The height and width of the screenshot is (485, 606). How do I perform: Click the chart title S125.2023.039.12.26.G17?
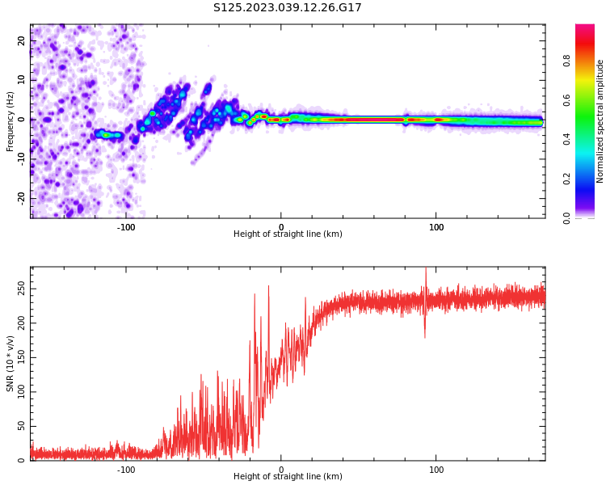(288, 8)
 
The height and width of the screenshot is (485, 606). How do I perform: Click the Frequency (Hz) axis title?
(11, 121)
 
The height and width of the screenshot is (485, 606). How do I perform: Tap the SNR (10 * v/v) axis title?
(11, 363)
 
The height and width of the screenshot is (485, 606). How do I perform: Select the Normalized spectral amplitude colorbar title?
(600, 121)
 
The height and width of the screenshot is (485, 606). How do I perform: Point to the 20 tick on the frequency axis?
(22, 41)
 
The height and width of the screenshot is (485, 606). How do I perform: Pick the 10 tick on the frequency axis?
(22, 81)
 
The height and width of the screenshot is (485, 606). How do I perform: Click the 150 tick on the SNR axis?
(19, 357)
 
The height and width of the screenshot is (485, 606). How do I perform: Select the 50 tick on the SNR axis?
(21, 426)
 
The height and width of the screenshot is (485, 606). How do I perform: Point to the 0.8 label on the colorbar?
(566, 61)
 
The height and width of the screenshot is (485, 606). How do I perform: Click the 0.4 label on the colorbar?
(566, 139)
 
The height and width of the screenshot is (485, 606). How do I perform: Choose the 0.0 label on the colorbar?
(566, 217)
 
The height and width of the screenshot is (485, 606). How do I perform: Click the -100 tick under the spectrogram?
(126, 227)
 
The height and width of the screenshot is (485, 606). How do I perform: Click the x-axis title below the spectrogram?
(288, 234)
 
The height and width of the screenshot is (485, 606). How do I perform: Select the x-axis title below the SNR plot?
(288, 477)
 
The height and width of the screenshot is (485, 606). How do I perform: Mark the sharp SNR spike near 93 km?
(426, 279)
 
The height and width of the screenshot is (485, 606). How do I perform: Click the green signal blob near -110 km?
(109, 135)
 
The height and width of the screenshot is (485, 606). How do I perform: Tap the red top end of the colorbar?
(585, 29)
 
